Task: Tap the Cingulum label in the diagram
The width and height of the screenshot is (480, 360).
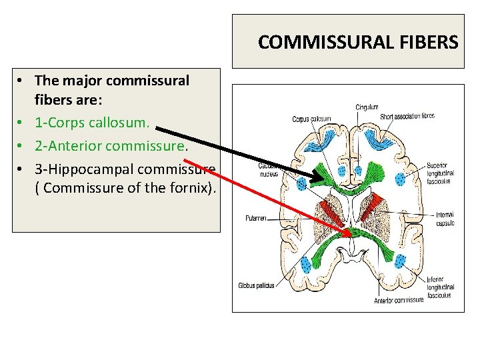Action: (366, 107)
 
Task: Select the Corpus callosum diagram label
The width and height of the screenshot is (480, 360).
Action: (311, 119)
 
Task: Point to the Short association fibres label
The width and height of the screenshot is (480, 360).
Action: (407, 116)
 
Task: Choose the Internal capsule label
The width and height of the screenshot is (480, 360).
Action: (445, 219)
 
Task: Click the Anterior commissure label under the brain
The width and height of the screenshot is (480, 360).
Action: (399, 300)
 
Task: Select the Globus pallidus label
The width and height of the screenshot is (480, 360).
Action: (256, 285)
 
